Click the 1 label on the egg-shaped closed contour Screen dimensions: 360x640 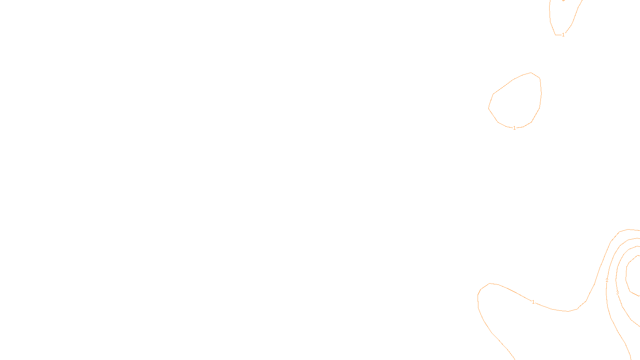[x=514, y=128]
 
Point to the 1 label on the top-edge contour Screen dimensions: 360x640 [x=563, y=35]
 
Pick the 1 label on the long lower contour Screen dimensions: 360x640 [x=533, y=302]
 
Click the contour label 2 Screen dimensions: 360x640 [x=607, y=280]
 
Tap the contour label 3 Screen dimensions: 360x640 [x=617, y=293]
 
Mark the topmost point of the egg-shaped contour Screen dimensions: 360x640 [x=531, y=72]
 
